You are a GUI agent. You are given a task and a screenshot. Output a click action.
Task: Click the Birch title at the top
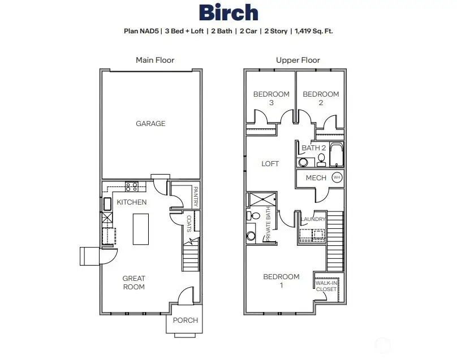coord(228,12)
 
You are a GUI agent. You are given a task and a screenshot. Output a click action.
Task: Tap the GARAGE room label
coord(150,123)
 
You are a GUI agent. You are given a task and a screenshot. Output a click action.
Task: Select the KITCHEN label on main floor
coord(132,202)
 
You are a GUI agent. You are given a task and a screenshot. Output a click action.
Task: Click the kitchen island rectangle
coord(141,229)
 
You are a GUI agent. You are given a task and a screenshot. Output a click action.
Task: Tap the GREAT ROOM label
coord(134,283)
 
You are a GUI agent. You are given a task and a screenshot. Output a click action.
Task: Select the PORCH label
coord(185,320)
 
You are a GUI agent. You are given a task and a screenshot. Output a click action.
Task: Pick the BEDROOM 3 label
coord(271,98)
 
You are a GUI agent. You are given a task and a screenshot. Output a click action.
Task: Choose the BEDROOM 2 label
coord(321,98)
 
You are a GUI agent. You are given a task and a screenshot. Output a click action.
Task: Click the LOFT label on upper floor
coord(270,164)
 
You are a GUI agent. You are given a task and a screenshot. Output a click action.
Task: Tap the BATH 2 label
coord(314,148)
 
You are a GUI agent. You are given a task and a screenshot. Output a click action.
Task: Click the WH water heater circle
coord(337,177)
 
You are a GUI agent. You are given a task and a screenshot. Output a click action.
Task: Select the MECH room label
coord(316,178)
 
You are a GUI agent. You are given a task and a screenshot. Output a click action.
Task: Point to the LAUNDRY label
coord(313,219)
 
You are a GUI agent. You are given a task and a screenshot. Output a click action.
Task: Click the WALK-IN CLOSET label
coord(326,286)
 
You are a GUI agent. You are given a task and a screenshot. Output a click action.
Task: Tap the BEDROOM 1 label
coord(281,281)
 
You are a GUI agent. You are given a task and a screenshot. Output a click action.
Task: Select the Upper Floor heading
coord(298,60)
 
